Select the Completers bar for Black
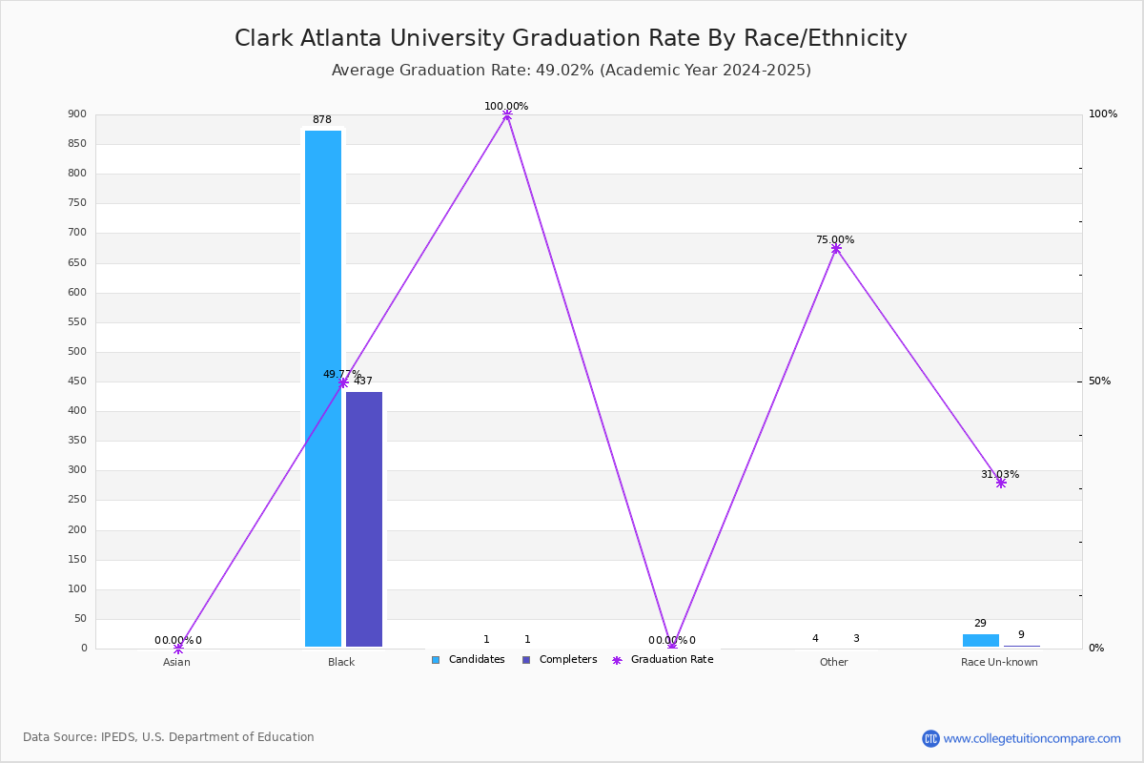(x=364, y=520)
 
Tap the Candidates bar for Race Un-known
(x=980, y=640)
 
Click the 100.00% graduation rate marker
(x=507, y=114)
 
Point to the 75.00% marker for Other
(x=836, y=249)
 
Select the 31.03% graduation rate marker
(x=1001, y=483)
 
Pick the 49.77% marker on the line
(x=343, y=382)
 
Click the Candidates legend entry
(x=468, y=660)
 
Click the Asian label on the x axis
(x=176, y=662)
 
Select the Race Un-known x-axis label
(x=999, y=662)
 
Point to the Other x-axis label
(x=833, y=662)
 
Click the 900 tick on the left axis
(x=77, y=114)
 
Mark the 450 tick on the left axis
(x=77, y=381)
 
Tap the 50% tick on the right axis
(x=1099, y=381)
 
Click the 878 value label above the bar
(x=322, y=120)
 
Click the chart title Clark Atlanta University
(x=571, y=38)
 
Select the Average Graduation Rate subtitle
(x=571, y=71)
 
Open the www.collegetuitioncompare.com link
(x=1032, y=738)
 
